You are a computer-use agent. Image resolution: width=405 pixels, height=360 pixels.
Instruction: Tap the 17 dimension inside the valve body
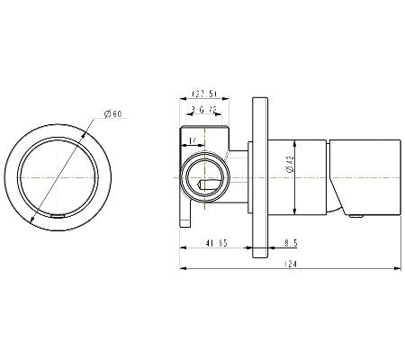pyautogui.click(x=193, y=139)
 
